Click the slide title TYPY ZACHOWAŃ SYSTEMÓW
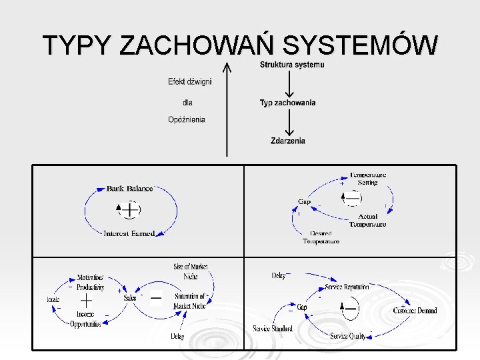pos(240,45)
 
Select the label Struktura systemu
pos(292,65)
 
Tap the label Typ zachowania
pos(287,103)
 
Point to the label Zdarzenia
pos(288,141)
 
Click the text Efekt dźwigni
pos(190,82)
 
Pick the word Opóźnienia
pos(187,120)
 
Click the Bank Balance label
pos(129,189)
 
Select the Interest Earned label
pos(129,233)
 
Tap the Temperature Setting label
pos(368,179)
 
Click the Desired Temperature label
pos(321,237)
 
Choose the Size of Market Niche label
pos(191,271)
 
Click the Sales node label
pos(130,298)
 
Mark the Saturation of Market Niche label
pos(190,301)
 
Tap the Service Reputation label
pos(347,287)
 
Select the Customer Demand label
pos(415,311)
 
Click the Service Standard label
pos(273,329)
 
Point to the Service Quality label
pos(348,336)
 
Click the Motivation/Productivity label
pos(90,282)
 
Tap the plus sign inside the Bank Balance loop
pos(131,210)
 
